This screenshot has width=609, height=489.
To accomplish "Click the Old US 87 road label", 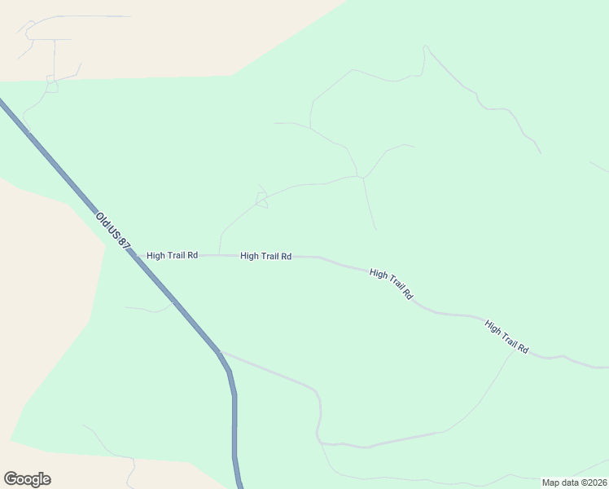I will pyautogui.click(x=112, y=231).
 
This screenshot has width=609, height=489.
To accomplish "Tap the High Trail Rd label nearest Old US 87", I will pyautogui.click(x=172, y=255).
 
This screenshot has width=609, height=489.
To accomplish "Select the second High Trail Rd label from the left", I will pyautogui.click(x=265, y=256).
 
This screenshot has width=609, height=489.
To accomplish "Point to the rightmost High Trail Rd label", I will pyautogui.click(x=506, y=336).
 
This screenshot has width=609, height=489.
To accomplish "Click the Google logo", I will pyautogui.click(x=27, y=479).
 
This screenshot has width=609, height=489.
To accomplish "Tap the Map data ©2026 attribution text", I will pyautogui.click(x=574, y=482).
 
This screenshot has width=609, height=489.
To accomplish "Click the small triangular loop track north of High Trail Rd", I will pyautogui.click(x=261, y=200).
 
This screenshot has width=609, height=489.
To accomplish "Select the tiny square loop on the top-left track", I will pyautogui.click(x=51, y=86).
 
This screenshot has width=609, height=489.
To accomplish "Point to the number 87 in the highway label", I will pyautogui.click(x=124, y=246).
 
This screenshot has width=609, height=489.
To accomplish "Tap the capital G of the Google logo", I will pyautogui.click(x=11, y=479).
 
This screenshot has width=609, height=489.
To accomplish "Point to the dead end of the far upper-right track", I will pyautogui.click(x=539, y=152).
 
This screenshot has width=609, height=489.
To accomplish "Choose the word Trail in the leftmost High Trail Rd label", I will pyautogui.click(x=173, y=255).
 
